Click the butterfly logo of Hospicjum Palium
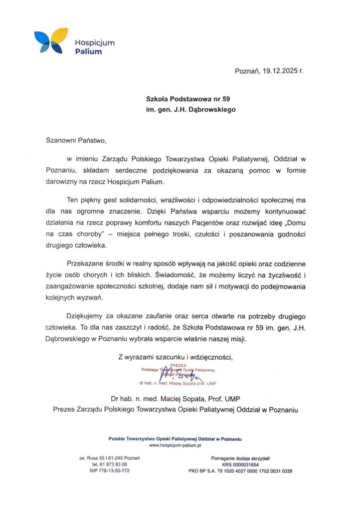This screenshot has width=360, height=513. coord(51,41)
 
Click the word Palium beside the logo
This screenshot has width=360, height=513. coord(88,51)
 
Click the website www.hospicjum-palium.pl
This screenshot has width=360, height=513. coord(175,445)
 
